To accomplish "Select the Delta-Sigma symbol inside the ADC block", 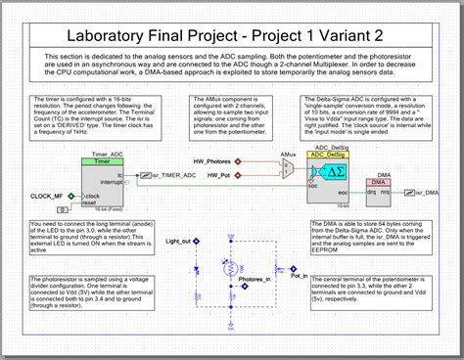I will click(x=337, y=172).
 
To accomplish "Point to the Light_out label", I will click(x=178, y=241).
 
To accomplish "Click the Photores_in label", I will click(x=255, y=279).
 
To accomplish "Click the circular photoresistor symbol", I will click(x=230, y=266).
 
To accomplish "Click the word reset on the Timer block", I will click(x=95, y=205).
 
